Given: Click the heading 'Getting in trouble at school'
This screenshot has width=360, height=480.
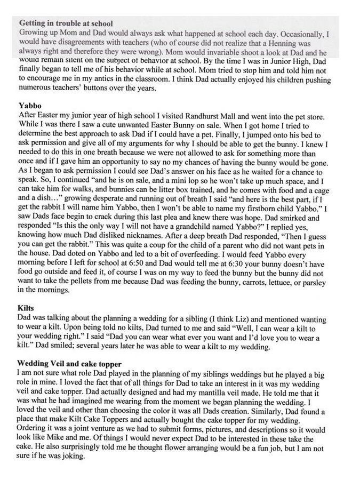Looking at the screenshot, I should [67, 24].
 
